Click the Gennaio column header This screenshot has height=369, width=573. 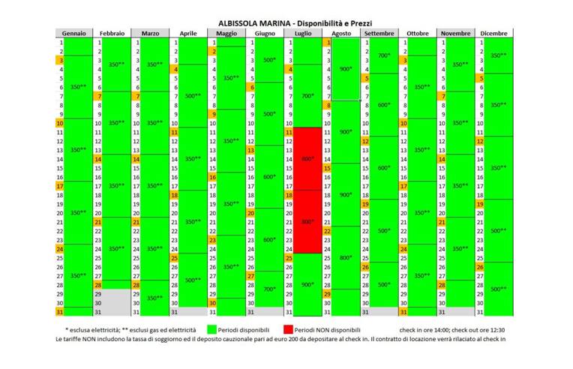(73, 34)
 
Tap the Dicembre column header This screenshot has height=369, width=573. (494, 34)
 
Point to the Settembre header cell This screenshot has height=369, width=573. (379, 34)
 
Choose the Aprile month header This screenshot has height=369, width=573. (188, 34)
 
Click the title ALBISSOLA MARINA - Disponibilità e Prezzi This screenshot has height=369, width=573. (286, 23)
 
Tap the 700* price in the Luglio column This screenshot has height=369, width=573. (307, 96)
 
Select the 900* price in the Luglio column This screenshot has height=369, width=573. (307, 284)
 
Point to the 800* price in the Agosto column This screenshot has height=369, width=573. (345, 257)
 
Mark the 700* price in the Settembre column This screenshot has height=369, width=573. (384, 55)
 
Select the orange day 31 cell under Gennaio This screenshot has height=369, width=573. (59, 311)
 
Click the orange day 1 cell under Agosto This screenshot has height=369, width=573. (327, 43)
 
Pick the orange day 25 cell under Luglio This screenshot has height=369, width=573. (289, 258)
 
